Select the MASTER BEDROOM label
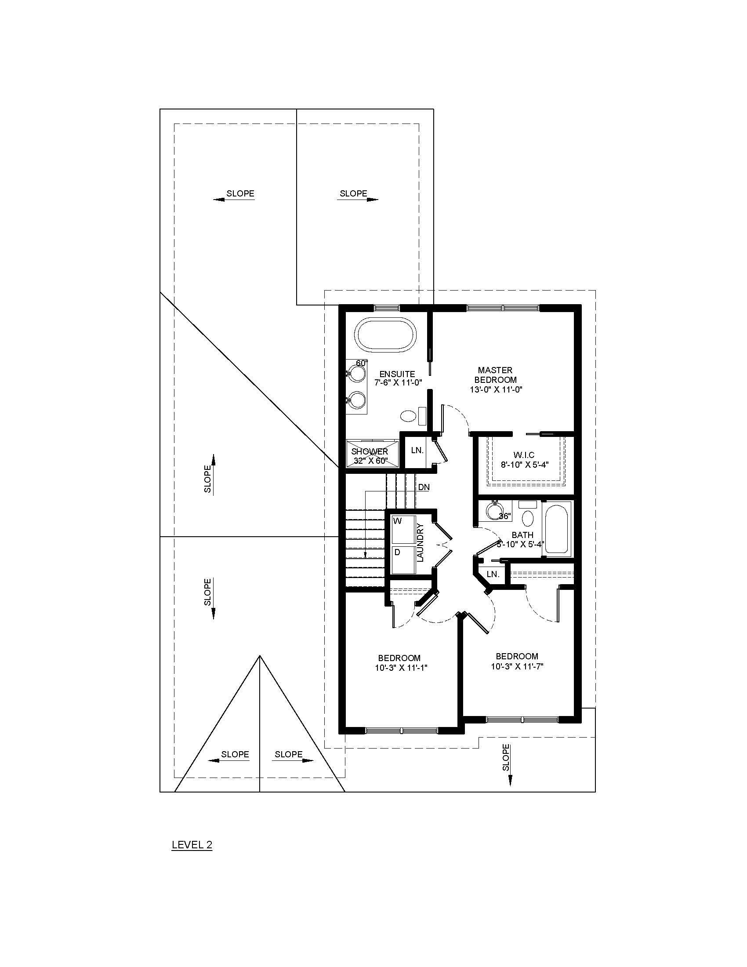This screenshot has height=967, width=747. pyautogui.click(x=495, y=374)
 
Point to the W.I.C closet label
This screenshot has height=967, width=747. pyautogui.click(x=523, y=455)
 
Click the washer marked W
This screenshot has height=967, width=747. pyautogui.click(x=403, y=529)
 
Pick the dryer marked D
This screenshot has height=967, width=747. pyautogui.click(x=403, y=560)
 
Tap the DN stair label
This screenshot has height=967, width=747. pyautogui.click(x=424, y=487)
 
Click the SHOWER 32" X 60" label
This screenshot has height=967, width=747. pyautogui.click(x=370, y=456)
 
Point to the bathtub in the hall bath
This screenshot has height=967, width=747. pyautogui.click(x=557, y=529)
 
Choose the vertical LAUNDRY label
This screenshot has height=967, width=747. pyautogui.click(x=421, y=543)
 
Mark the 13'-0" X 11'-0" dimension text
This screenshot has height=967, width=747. pyautogui.click(x=496, y=389)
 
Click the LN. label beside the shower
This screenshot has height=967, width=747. pyautogui.click(x=417, y=450)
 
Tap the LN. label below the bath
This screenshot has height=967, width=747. pyautogui.click(x=493, y=574)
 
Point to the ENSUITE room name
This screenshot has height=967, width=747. pyautogui.click(x=397, y=374)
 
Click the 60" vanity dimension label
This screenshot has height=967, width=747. pyautogui.click(x=362, y=363)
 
